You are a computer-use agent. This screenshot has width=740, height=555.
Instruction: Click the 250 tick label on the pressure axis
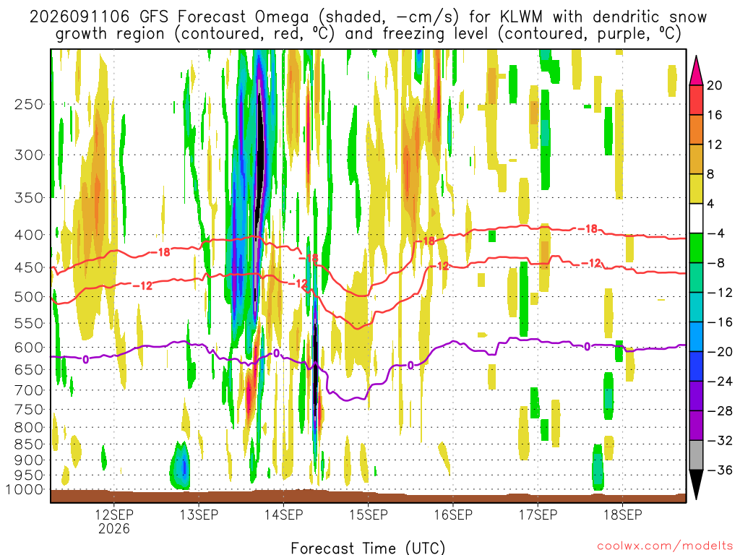(x=29, y=104)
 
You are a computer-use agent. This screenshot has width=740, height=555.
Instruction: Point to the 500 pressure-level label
(x=29, y=297)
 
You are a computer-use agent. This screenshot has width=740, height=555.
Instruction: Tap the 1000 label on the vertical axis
(x=25, y=489)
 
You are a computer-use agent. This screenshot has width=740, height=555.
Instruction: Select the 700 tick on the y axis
(x=29, y=390)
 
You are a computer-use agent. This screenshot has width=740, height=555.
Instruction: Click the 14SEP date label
(x=283, y=515)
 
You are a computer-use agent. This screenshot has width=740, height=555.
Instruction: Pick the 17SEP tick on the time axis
(x=538, y=515)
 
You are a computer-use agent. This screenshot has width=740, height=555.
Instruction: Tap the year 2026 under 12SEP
(x=113, y=528)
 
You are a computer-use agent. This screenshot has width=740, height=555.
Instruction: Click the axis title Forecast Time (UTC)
(x=368, y=548)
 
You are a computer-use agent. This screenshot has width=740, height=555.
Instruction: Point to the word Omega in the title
(x=282, y=18)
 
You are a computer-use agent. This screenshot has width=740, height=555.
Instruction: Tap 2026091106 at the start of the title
(x=79, y=17)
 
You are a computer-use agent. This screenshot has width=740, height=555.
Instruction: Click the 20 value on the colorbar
(x=714, y=85)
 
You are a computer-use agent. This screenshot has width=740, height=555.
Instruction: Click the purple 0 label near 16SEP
(x=410, y=365)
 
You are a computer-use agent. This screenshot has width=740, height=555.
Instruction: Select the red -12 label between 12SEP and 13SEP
(x=142, y=285)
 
